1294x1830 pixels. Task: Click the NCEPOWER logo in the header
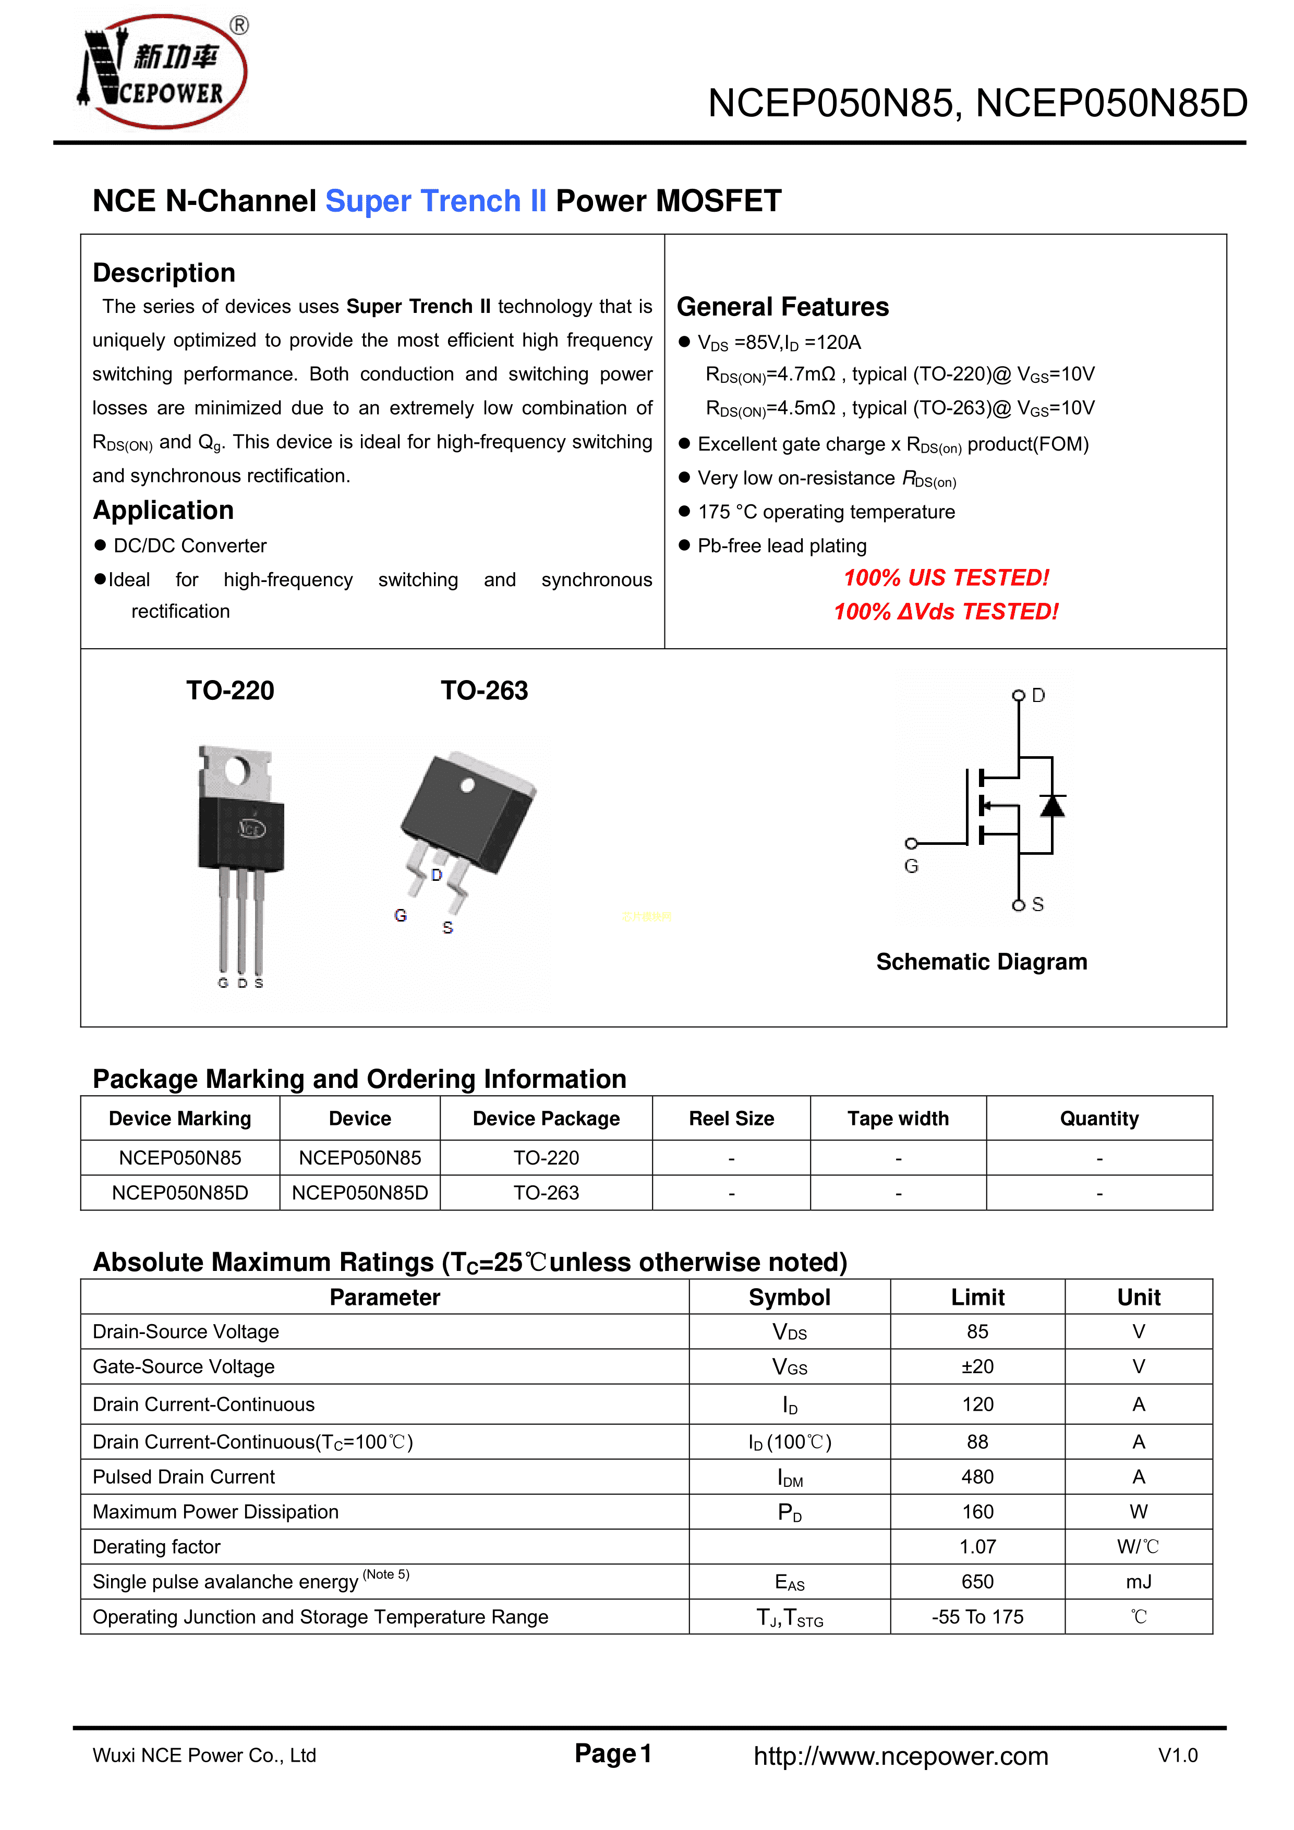(x=163, y=72)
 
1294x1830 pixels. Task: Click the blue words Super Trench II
(x=436, y=201)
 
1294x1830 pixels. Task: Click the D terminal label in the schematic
(x=1038, y=696)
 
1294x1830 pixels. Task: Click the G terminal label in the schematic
(x=911, y=866)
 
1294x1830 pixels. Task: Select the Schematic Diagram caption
(x=981, y=962)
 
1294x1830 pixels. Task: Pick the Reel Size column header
(x=731, y=1119)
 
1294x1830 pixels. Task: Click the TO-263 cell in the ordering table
(x=546, y=1193)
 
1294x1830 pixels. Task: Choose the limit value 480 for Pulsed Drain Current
(x=977, y=1477)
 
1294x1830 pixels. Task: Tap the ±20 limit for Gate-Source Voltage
(x=977, y=1367)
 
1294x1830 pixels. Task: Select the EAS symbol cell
(x=789, y=1582)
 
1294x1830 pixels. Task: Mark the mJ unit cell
(x=1139, y=1582)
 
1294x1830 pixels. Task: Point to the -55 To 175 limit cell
(x=977, y=1617)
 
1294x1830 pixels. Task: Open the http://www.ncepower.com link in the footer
(x=901, y=1756)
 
